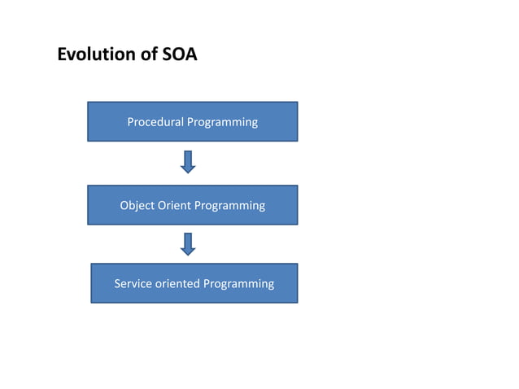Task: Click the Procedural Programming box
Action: (x=192, y=121)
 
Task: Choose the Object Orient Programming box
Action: (x=192, y=205)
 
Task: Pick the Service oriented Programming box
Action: (x=194, y=283)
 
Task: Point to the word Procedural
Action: (x=155, y=122)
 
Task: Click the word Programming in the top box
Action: (x=222, y=122)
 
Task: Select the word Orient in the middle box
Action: (x=173, y=205)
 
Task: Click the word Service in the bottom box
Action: (x=133, y=283)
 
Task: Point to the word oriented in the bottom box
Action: (x=177, y=283)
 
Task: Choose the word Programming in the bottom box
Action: (x=238, y=284)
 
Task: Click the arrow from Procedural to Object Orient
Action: (x=188, y=162)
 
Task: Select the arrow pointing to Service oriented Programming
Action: (x=188, y=243)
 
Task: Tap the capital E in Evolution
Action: (x=62, y=55)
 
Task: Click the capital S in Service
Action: (x=117, y=283)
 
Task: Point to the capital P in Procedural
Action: (x=131, y=122)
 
